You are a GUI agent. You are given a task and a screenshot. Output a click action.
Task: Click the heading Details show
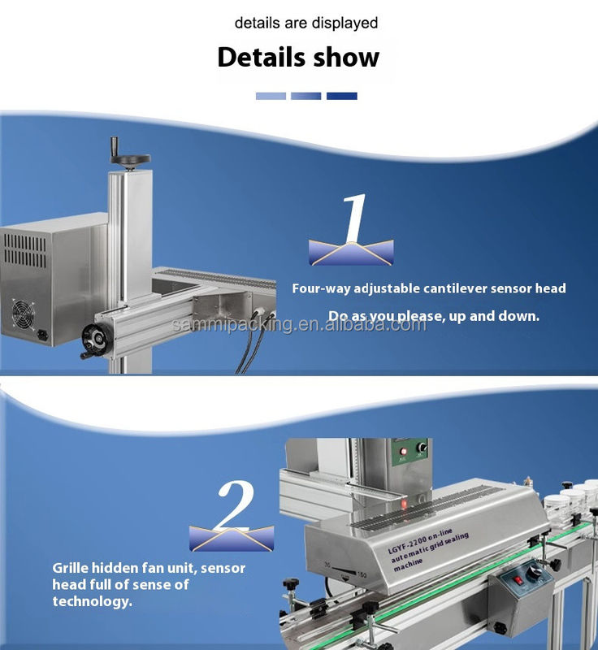click(298, 57)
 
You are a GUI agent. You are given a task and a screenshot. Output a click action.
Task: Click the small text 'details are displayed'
click(305, 23)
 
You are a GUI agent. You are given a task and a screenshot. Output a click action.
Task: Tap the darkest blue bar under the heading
click(342, 96)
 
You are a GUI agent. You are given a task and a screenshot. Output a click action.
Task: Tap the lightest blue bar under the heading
click(271, 96)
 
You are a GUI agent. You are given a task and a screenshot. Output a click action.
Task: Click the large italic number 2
click(236, 505)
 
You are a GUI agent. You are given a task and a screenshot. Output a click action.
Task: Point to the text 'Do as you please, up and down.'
click(434, 316)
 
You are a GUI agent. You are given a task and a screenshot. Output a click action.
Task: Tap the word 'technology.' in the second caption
click(92, 601)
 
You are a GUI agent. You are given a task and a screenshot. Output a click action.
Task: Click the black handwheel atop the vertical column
click(130, 158)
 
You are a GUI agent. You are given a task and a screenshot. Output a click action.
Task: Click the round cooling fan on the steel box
click(23, 314)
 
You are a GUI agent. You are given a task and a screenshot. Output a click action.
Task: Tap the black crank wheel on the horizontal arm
click(97, 341)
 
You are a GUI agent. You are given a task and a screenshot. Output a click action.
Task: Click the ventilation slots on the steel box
click(25, 250)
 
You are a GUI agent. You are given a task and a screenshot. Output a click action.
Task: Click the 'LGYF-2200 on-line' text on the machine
click(420, 540)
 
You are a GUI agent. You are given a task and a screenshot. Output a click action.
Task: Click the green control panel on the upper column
click(409, 452)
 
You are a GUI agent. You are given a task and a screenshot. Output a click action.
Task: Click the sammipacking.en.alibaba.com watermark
click(299, 324)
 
